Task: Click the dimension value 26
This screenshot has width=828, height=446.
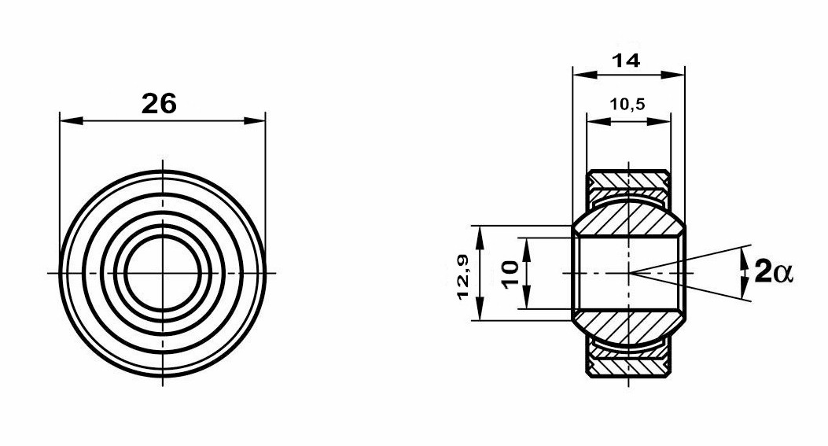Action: pos(158,104)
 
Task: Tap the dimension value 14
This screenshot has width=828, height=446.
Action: pos(626,61)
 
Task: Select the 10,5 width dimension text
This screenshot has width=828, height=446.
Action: pos(627,104)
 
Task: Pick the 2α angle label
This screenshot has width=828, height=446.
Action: pos(774,273)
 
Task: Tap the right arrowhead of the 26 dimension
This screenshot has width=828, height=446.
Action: pos(254,121)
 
